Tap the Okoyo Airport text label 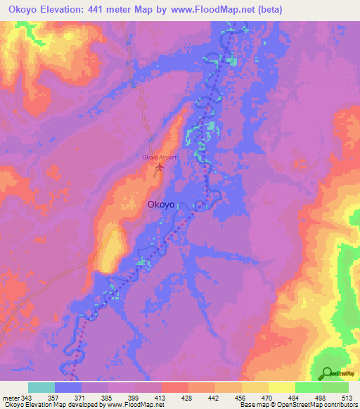(x=160, y=157)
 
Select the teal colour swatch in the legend (x=41, y=387)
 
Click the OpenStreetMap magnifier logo (x=327, y=373)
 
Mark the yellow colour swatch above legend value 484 (x=282, y=387)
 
